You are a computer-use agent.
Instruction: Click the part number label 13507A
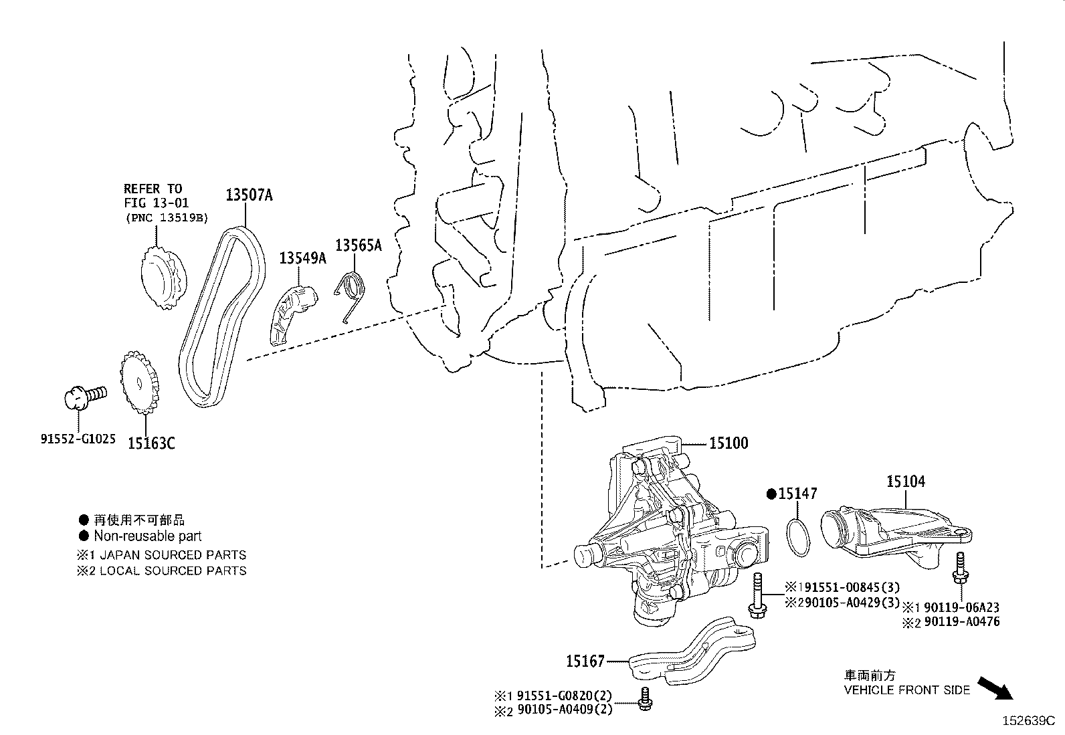[249, 195]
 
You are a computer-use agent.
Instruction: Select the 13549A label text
[302, 257]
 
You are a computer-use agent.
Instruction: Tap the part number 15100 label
[729, 443]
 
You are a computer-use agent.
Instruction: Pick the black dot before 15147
[771, 494]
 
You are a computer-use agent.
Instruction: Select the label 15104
[906, 481]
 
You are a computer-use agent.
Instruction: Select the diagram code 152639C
[1028, 721]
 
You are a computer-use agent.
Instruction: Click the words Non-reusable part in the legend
[147, 536]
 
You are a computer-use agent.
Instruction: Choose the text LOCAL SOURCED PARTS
[173, 570]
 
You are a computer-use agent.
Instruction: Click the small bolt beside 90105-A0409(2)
[646, 698]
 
